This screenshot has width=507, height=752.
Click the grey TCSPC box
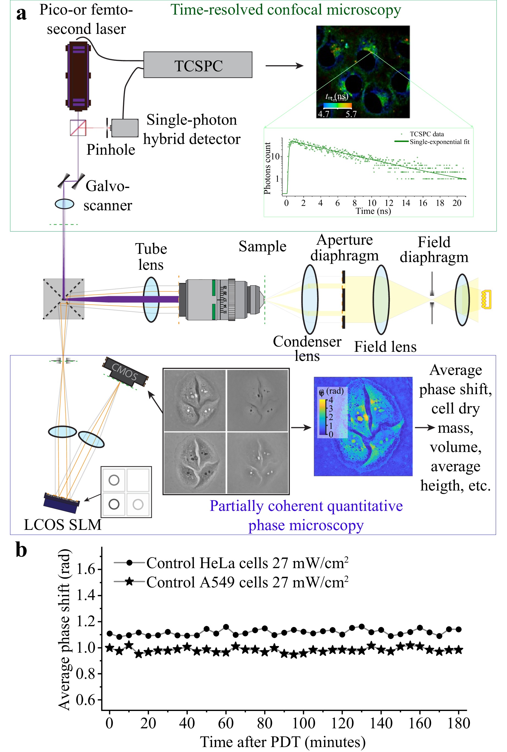pyautogui.click(x=198, y=65)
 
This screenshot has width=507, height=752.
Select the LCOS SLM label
pyautogui.click(x=63, y=525)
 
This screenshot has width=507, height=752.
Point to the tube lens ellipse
pyautogui.click(x=151, y=299)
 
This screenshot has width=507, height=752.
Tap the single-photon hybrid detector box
pyautogui.click(x=125, y=128)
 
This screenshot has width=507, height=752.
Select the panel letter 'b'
pyautogui.click(x=21, y=550)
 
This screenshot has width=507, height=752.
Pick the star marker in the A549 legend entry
pyautogui.click(x=129, y=582)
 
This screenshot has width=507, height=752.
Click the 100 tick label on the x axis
pyautogui.click(x=303, y=723)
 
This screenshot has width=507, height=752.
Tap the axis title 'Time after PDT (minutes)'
pyautogui.click(x=283, y=742)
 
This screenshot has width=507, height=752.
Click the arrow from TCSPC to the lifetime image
pyautogui.click(x=284, y=66)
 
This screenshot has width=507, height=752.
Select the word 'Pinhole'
pyautogui.click(x=111, y=150)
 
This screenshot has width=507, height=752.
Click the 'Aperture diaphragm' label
pyautogui.click(x=344, y=248)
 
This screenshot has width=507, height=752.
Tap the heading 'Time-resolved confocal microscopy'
pyautogui.click(x=286, y=10)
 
